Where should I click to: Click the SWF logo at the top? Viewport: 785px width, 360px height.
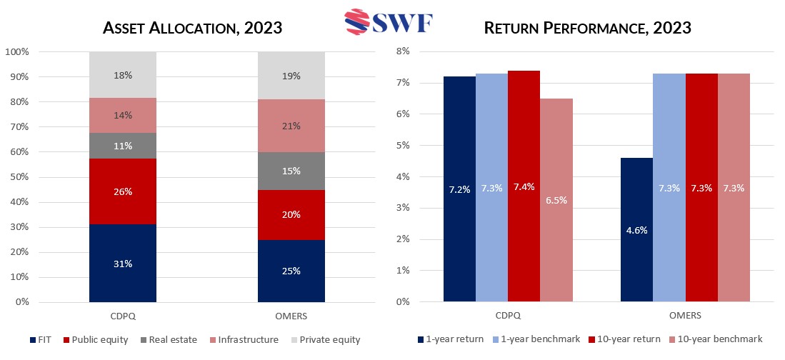(x=392, y=21)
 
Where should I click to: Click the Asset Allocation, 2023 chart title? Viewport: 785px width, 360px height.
(x=192, y=29)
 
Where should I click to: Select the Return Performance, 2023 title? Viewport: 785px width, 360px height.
(x=587, y=29)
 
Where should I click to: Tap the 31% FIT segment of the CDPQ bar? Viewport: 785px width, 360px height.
(x=123, y=263)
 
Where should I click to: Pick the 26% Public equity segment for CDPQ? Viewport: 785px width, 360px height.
(x=123, y=191)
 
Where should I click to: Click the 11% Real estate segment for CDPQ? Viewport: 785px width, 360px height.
(x=123, y=146)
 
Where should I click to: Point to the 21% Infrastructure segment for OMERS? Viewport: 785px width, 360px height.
(x=291, y=126)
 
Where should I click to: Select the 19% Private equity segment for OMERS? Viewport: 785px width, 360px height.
(x=291, y=76)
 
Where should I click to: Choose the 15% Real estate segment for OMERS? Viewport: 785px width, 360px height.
(x=291, y=171)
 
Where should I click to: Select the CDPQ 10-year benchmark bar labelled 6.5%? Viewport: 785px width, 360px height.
(x=556, y=200)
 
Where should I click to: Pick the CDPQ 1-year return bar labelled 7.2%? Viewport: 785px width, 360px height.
(x=459, y=189)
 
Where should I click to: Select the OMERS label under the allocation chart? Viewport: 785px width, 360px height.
(x=291, y=315)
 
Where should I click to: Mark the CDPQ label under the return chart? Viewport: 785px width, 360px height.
(x=508, y=315)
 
